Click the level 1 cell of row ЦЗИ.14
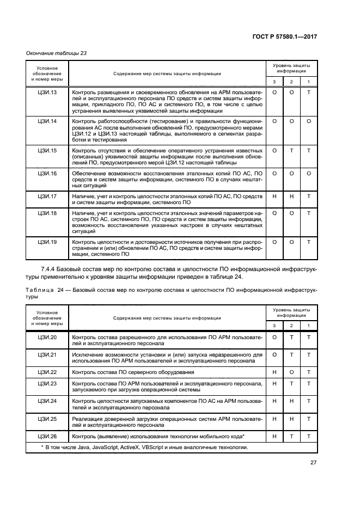coord(309,121)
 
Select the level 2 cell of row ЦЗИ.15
coord(291,150)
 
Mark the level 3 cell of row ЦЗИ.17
coord(274,196)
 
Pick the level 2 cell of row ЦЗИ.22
coord(291,372)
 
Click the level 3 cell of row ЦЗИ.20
coord(274,338)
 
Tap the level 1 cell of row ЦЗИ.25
coord(309,419)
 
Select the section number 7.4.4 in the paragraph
coord(48,269)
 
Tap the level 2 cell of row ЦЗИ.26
coord(291,437)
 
